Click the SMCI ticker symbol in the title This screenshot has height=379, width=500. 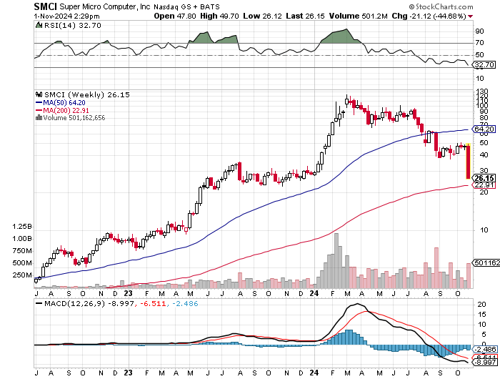point(46,6)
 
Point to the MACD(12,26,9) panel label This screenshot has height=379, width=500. point(73,305)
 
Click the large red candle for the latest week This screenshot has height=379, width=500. point(468,162)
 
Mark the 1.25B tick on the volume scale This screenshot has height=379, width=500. point(21,226)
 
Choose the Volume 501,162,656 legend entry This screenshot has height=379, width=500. point(70,118)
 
